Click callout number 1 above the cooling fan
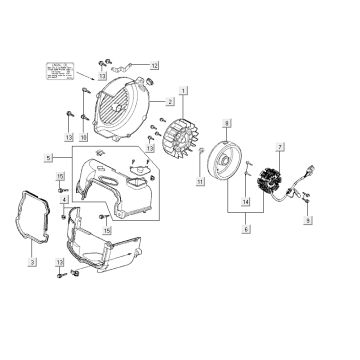tap(183, 90)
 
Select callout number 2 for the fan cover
tap(171, 102)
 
